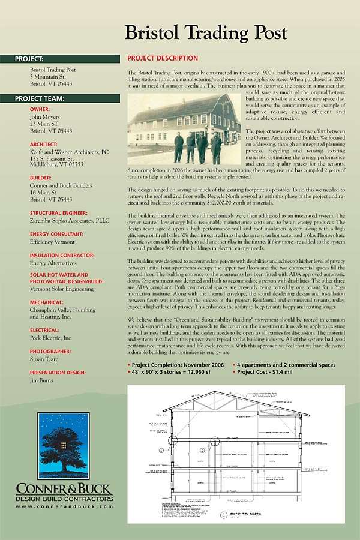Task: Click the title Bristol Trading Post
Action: [206, 32]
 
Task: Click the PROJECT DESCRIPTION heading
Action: [163, 58]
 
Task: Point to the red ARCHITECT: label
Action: [44, 144]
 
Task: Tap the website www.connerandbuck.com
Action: [64, 507]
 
